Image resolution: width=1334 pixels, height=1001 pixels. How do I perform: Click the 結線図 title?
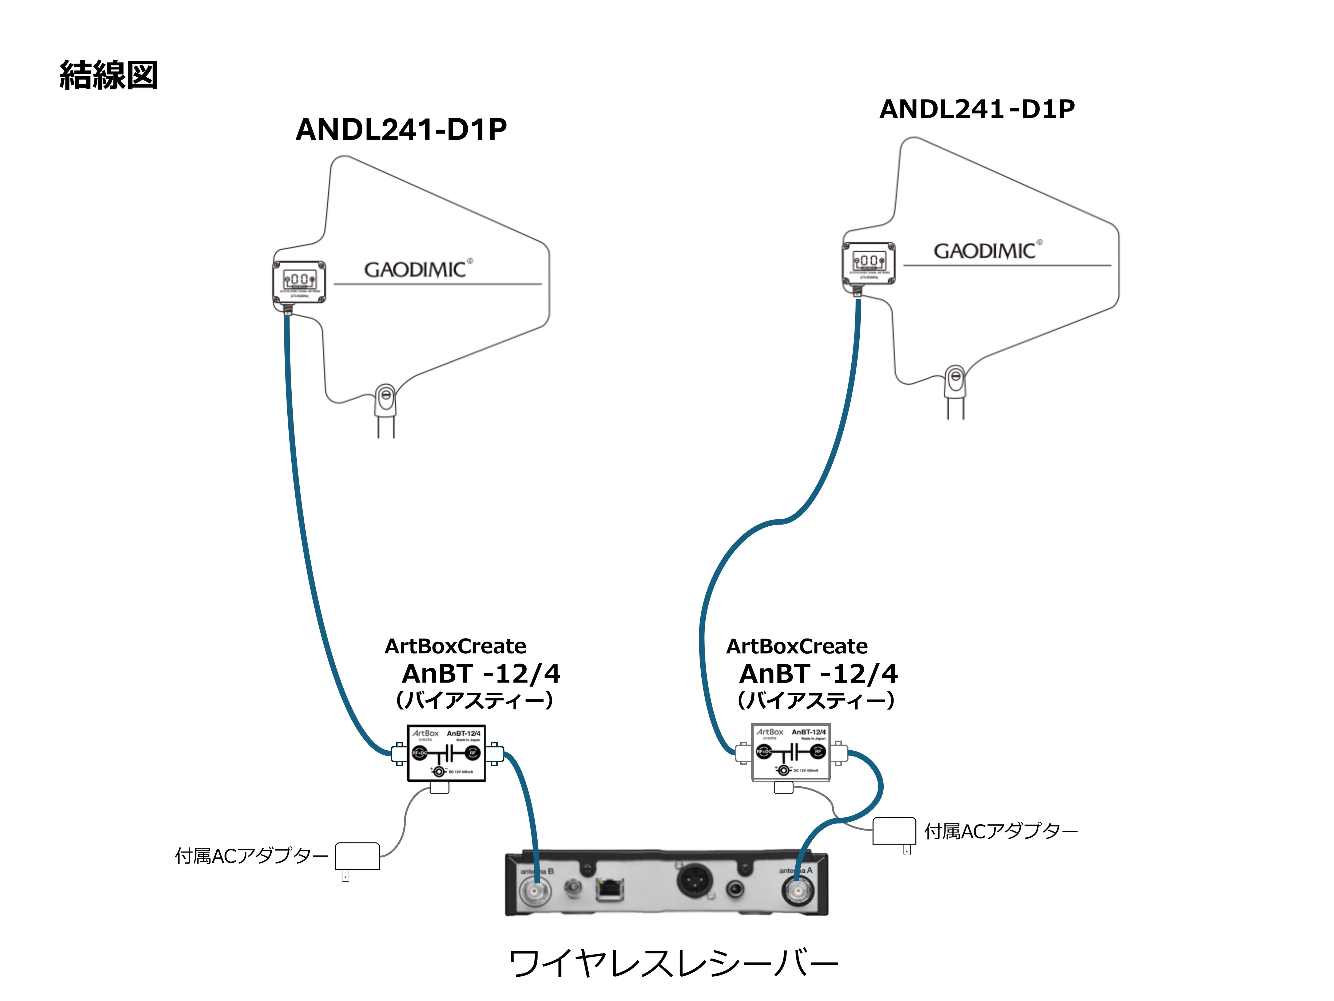(x=109, y=76)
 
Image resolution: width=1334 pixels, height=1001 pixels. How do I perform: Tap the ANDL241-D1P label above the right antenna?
(x=977, y=109)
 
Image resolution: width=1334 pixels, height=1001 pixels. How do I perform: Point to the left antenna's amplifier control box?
(x=299, y=281)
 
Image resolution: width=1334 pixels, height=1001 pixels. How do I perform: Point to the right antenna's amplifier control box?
(x=868, y=262)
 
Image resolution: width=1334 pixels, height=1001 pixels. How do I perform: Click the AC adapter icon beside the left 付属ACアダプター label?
(x=357, y=857)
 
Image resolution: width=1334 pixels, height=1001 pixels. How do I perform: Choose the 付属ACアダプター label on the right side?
(x=1001, y=831)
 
